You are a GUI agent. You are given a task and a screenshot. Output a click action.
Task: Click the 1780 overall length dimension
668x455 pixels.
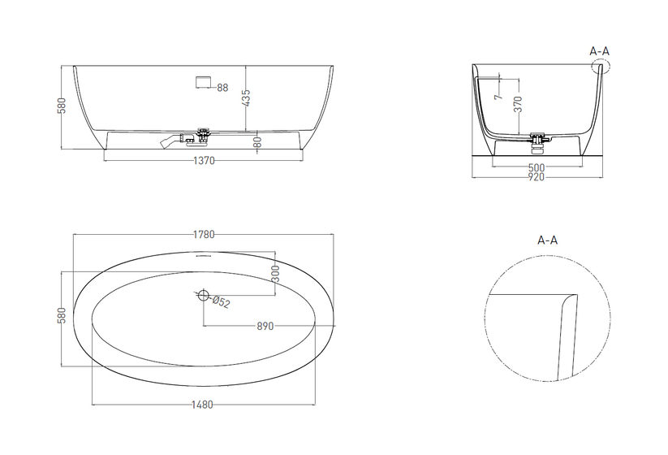[x=204, y=234]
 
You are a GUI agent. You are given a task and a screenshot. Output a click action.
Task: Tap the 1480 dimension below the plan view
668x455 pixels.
[x=202, y=405]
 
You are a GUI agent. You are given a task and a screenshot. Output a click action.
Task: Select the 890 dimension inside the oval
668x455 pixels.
[x=265, y=326]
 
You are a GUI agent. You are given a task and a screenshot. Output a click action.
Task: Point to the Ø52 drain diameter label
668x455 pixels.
[x=221, y=301]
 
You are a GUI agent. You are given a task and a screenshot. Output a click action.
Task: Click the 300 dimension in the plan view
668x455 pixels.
[x=275, y=273]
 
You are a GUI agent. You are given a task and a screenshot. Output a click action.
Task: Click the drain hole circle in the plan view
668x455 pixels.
[x=204, y=295]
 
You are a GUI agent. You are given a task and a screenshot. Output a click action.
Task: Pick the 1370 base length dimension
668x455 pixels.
[x=204, y=161]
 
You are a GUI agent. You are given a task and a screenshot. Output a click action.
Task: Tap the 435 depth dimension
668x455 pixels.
[x=246, y=97]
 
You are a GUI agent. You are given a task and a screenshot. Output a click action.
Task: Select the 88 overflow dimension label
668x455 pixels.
[x=223, y=88]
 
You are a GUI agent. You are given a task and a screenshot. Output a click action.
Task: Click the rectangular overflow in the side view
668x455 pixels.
[x=204, y=81]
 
